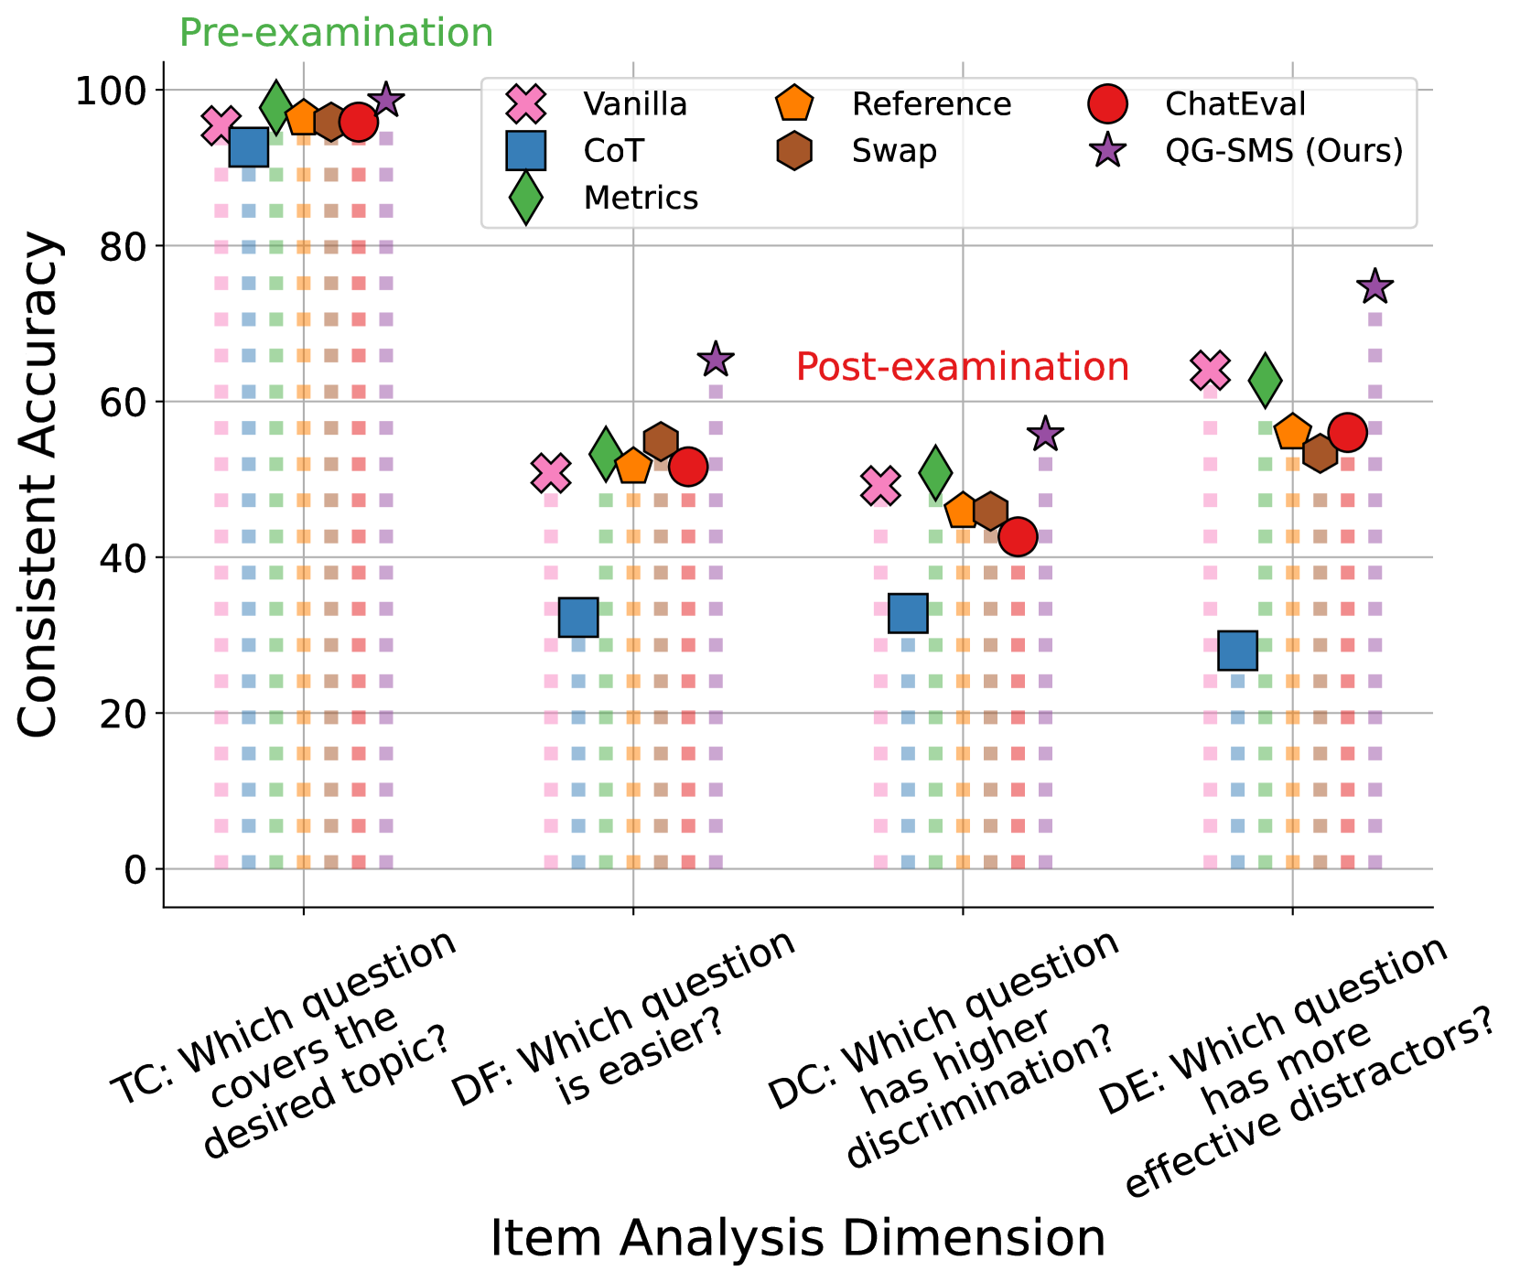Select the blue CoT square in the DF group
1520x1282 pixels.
click(578, 618)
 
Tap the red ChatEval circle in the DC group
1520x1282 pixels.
click(1018, 536)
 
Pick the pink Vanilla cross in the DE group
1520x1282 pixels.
click(1210, 371)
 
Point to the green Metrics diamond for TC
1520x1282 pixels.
click(275, 106)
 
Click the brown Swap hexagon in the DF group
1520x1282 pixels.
click(661, 441)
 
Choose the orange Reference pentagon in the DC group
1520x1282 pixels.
click(963, 511)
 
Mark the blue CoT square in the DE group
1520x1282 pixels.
click(1237, 651)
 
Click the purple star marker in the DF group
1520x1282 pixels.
click(716, 360)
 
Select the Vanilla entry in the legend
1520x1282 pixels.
click(635, 104)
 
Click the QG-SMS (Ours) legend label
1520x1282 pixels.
click(1283, 151)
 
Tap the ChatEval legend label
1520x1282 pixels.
click(1235, 104)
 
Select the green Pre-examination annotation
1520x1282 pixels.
click(336, 33)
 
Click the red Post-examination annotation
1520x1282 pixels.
click(963, 367)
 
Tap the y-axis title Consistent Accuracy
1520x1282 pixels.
click(38, 485)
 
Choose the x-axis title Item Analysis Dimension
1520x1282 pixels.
click(798, 1239)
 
